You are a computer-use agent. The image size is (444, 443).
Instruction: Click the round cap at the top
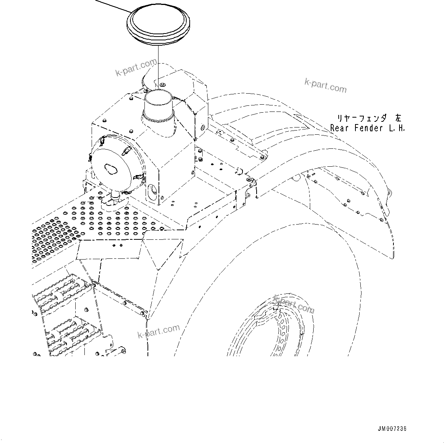coord(158,25)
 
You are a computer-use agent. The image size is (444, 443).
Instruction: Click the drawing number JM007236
coord(392,428)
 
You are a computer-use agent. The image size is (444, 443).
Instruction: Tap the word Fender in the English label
coord(368,128)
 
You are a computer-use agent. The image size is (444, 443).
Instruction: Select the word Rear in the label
coord(339,128)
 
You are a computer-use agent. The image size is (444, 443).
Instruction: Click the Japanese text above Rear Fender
coord(369,118)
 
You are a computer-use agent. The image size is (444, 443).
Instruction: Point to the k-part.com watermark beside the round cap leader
coord(136,67)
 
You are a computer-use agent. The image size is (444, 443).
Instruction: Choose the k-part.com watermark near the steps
coord(159,331)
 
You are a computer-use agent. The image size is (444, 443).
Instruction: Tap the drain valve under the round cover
coord(116,196)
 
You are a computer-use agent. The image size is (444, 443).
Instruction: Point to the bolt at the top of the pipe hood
coord(162,84)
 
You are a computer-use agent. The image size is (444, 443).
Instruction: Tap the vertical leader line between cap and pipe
coord(158,67)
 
